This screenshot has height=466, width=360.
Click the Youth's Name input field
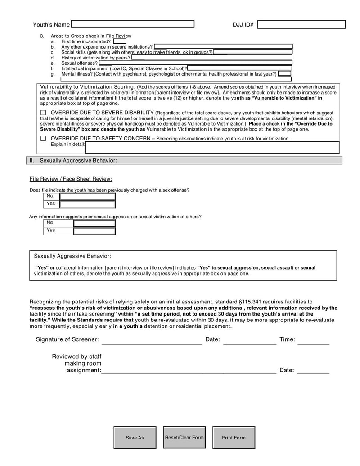133,24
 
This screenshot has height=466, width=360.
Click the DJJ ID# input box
301,25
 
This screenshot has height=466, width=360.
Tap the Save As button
135,438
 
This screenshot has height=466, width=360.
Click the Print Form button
234,438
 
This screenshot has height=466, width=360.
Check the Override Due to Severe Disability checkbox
43,113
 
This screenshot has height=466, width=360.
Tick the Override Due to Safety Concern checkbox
43,139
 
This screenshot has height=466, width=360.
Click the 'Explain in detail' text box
212,147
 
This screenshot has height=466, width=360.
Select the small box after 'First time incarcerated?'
120,41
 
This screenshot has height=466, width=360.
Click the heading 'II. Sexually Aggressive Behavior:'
78,160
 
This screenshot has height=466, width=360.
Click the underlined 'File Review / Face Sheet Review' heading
71,179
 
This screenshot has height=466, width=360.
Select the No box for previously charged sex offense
88,196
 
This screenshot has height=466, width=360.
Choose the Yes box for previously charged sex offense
88,204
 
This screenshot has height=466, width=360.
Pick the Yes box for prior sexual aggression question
94,231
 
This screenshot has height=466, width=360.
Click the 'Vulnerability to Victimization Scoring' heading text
88,86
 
